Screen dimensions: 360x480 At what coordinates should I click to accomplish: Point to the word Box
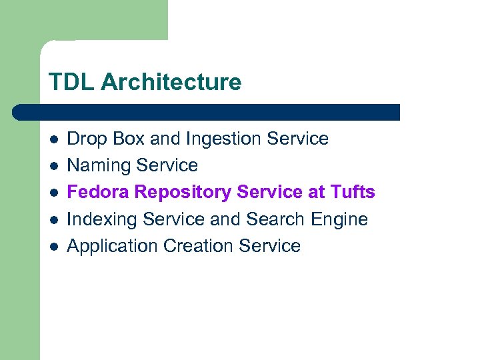coord(129,139)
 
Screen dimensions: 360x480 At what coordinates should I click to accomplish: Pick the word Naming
coord(98,166)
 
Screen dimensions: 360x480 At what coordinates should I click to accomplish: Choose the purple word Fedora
coord(98,192)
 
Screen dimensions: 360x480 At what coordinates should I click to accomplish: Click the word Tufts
coord(351,192)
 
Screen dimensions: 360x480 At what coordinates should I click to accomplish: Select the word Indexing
coord(105,220)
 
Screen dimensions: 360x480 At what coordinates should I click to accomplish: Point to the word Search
coord(276,219)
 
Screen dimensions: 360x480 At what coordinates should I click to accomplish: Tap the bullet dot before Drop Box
coord(53,140)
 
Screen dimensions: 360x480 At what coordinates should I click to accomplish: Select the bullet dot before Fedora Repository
coord(53,193)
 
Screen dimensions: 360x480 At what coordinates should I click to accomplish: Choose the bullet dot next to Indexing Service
coord(53,220)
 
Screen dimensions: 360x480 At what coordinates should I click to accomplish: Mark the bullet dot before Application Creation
coord(53,247)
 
